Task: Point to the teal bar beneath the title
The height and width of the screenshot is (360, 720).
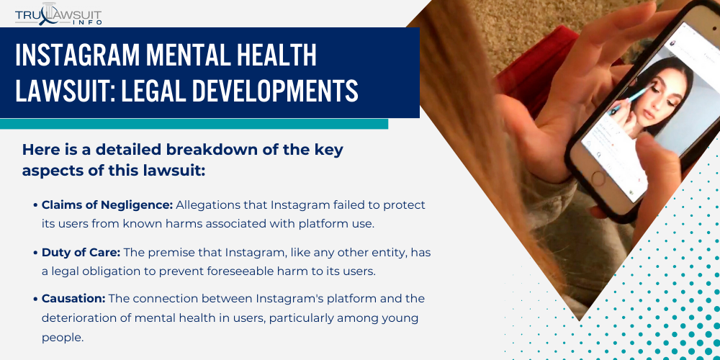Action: tap(194, 124)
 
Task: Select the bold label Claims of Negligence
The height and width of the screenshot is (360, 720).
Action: tap(107, 205)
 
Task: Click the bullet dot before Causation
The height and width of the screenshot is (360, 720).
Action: tap(35, 299)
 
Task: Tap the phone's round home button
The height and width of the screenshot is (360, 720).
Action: tap(602, 199)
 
